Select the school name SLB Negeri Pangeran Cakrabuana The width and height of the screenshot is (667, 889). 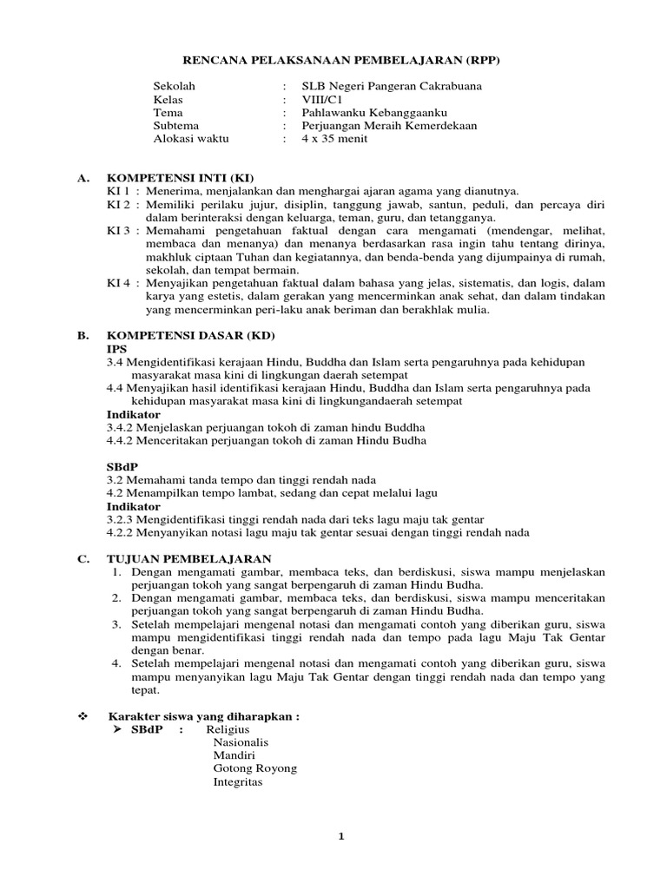point(391,86)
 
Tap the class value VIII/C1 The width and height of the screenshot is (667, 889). point(322,99)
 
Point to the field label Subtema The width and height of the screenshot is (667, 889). point(177,125)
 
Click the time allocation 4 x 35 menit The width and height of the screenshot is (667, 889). point(334,138)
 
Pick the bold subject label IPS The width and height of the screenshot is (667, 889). point(116,347)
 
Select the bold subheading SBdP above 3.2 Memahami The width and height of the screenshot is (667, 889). point(122,466)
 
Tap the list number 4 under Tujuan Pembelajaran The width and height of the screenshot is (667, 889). point(116,664)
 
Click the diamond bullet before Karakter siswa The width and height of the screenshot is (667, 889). point(83,717)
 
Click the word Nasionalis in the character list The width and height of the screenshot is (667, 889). point(241,743)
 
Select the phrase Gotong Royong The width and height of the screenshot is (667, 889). point(255,769)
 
